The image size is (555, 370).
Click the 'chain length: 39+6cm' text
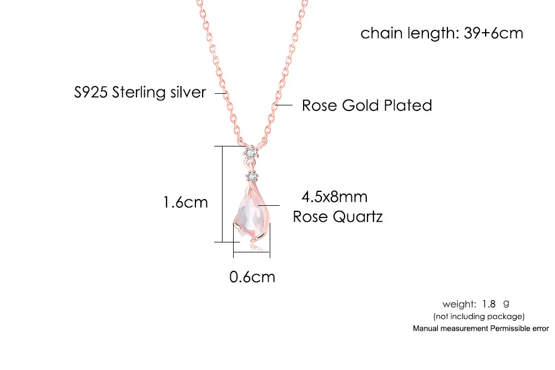[x=442, y=33]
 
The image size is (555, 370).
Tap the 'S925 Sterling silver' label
[x=140, y=92]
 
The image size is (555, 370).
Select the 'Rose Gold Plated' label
[x=367, y=105]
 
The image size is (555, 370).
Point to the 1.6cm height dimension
[x=185, y=202]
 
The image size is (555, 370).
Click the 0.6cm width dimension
[x=252, y=276]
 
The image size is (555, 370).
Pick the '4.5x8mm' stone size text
[x=334, y=196]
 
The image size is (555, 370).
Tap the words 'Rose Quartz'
[x=337, y=216]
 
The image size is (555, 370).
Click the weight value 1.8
[x=488, y=304]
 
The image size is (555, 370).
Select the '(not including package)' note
[x=479, y=316]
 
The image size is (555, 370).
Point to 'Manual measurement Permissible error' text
[x=481, y=328]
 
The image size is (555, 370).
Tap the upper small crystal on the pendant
[x=251, y=151]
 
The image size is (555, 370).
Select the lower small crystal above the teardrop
[x=253, y=177]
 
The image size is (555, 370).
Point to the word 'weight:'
[x=459, y=304]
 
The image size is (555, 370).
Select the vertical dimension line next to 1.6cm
[x=223, y=194]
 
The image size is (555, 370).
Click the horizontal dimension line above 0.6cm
[x=251, y=255]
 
